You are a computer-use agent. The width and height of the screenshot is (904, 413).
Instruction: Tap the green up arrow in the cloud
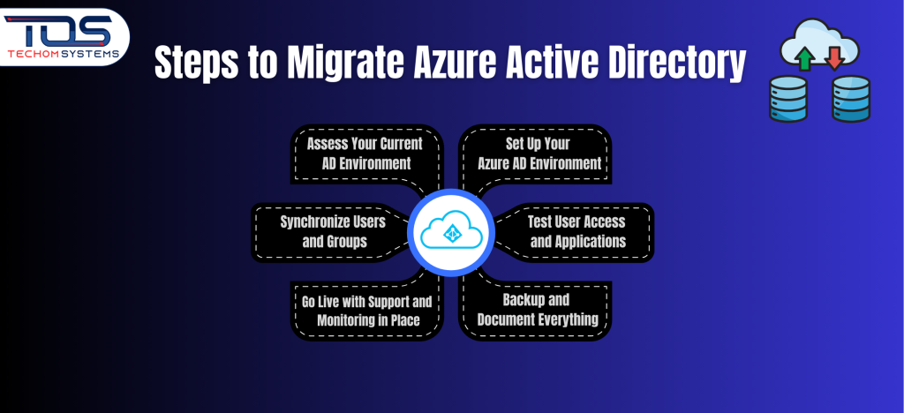tap(803, 57)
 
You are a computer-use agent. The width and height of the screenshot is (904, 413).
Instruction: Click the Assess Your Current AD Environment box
tap(365, 154)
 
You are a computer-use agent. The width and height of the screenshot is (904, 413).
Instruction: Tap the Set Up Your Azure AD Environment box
tap(539, 154)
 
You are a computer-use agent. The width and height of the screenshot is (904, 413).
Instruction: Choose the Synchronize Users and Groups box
tap(323, 231)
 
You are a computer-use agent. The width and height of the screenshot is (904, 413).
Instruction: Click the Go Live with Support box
tap(367, 310)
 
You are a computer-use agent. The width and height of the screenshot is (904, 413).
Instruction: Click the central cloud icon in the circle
tap(452, 232)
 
